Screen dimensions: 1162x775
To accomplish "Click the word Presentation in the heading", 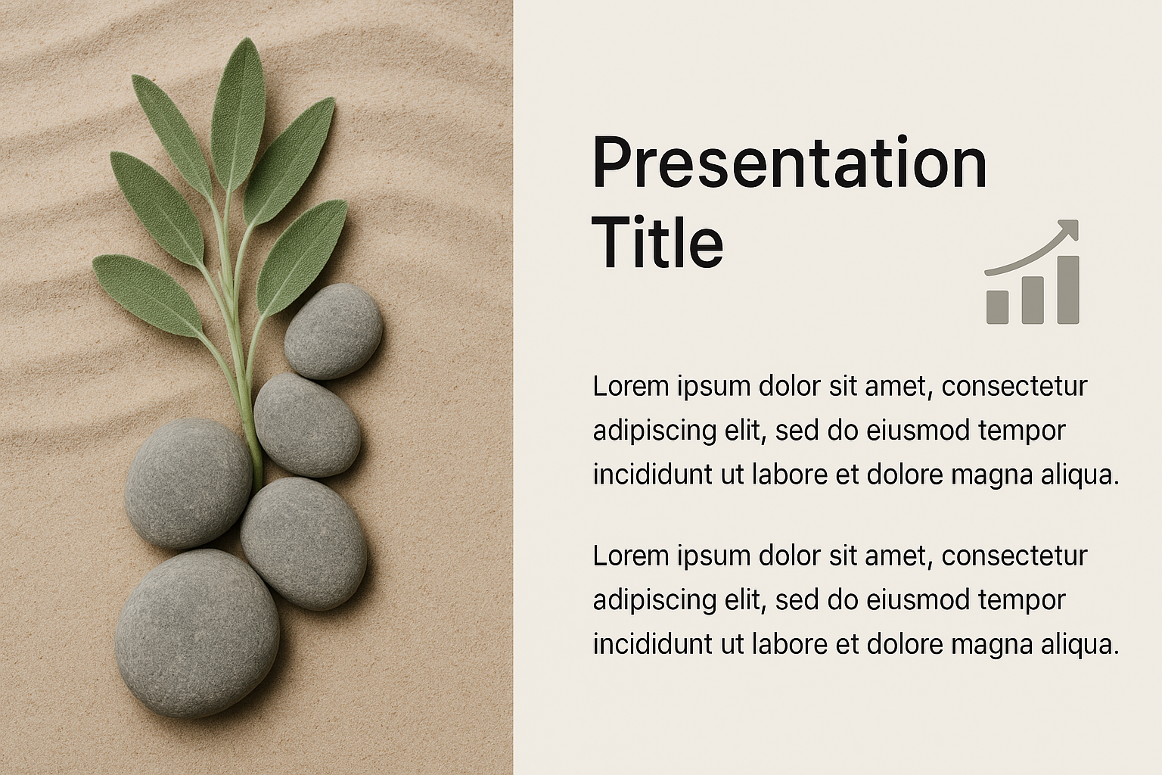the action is tap(789, 161).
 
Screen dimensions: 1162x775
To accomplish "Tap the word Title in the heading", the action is tap(657, 243).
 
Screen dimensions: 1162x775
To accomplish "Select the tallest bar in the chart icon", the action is tap(1068, 290).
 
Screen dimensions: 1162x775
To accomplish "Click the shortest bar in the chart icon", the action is tap(997, 307).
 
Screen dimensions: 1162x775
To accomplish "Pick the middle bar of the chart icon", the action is tap(1033, 300).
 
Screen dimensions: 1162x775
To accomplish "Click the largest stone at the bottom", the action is tap(197, 633).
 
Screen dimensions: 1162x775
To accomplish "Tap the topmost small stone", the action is tap(334, 331).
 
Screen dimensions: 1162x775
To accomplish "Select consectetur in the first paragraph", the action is tap(1014, 387).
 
